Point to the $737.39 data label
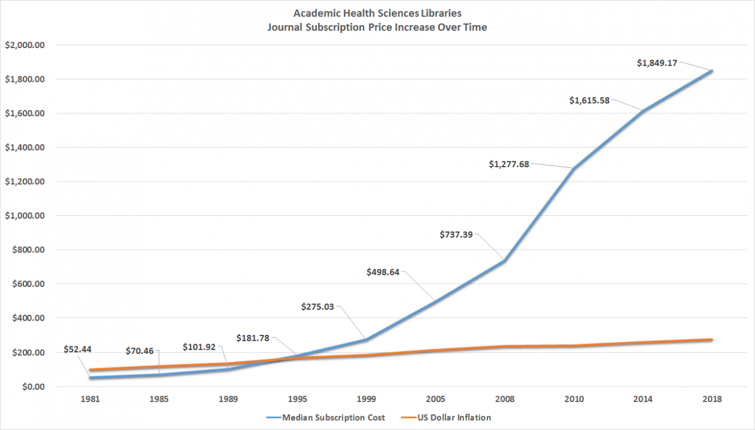456,234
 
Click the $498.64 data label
383,272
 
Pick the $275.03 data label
317,306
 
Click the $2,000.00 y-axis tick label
25,45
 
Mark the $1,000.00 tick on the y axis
25,216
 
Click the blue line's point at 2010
573,168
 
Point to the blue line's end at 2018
711,71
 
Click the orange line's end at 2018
711,340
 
